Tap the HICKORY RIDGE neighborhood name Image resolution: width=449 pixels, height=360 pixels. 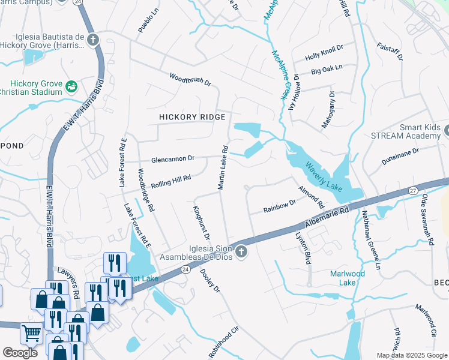192,117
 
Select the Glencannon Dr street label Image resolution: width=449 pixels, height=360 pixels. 173,159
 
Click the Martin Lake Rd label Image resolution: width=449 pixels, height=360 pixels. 222,167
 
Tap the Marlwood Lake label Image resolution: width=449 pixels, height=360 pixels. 348,278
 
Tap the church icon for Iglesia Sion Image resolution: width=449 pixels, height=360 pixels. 241,251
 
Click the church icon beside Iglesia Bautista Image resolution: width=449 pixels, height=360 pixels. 92,40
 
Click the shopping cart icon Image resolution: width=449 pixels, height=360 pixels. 31,333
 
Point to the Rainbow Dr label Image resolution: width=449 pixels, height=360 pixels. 280,207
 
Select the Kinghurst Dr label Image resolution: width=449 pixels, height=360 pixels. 200,223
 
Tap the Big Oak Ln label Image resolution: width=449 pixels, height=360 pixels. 327,70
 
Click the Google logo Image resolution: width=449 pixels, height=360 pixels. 20,353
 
